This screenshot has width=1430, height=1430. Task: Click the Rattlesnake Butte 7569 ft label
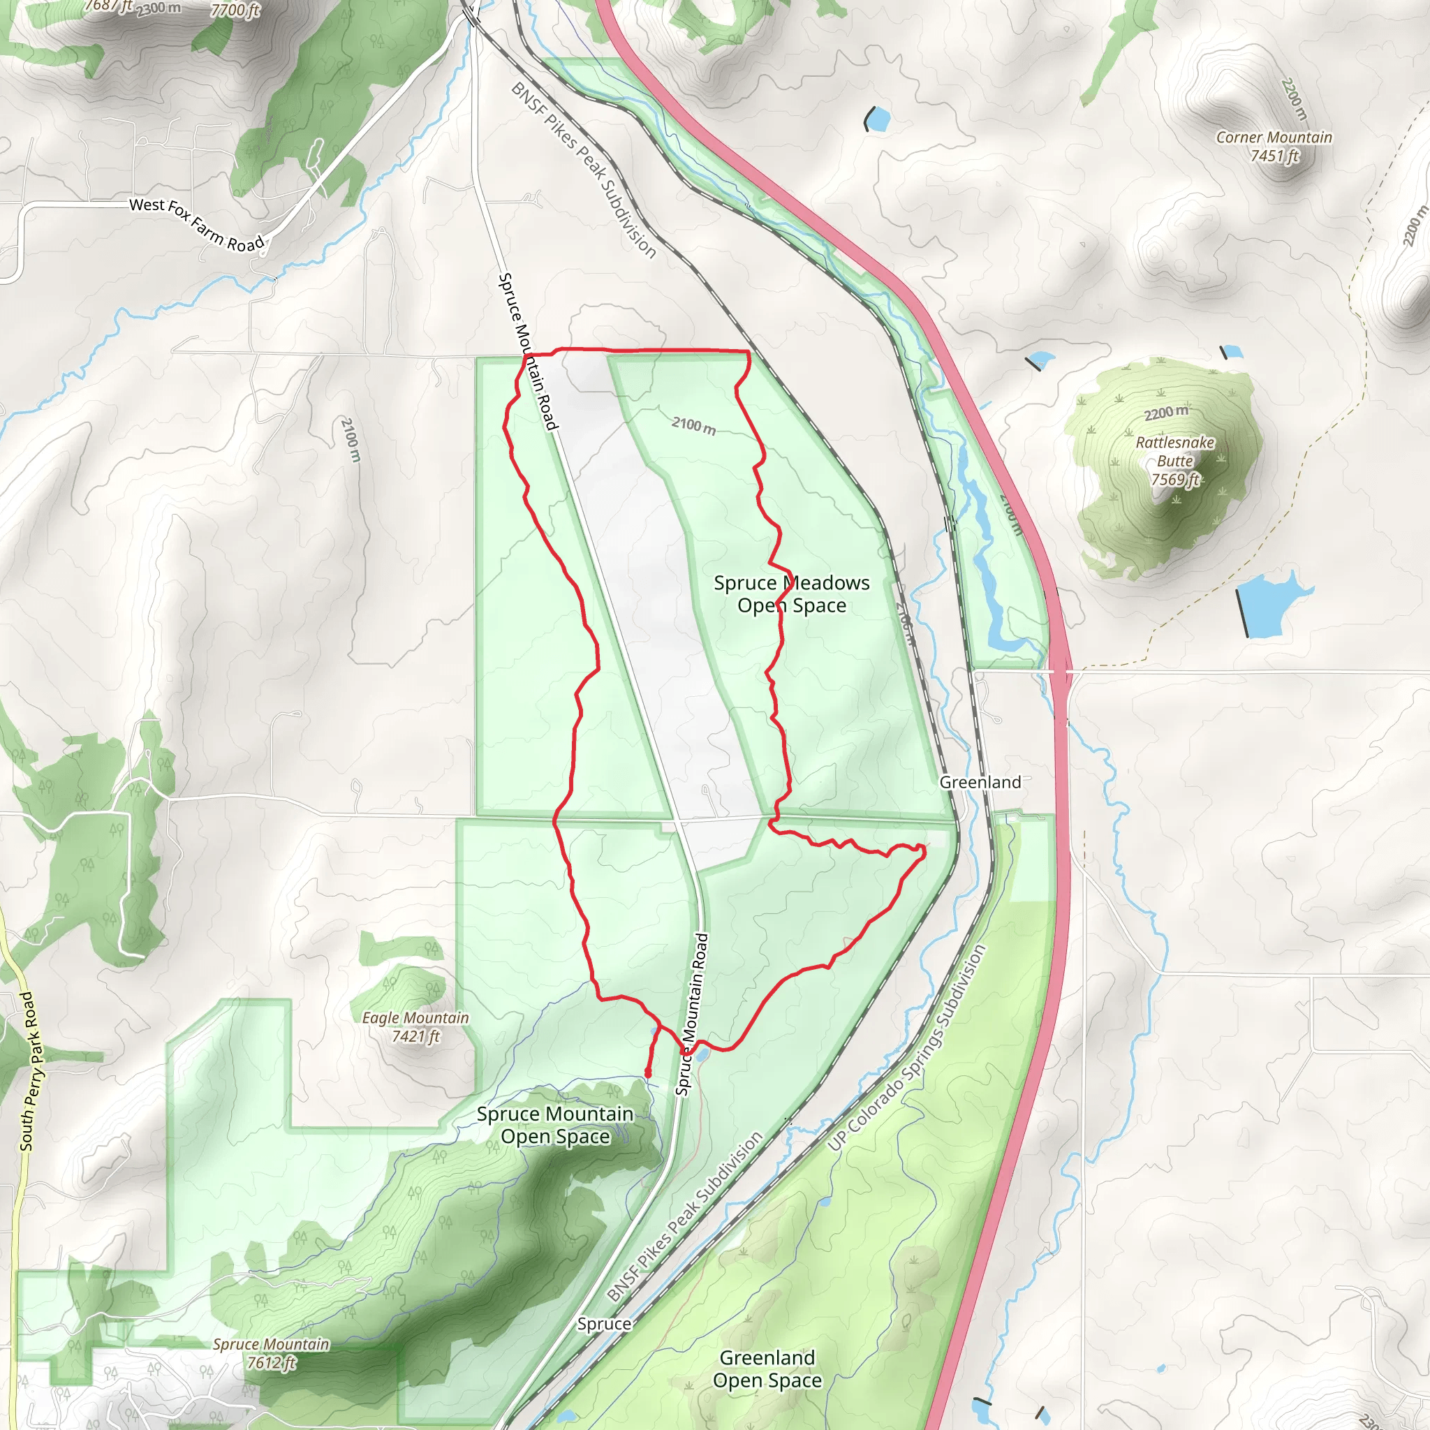coord(1174,460)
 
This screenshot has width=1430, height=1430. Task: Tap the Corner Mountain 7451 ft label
coord(1274,146)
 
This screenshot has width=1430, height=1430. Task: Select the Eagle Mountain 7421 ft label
coord(415,1026)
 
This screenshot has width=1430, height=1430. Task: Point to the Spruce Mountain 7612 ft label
coord(271,1353)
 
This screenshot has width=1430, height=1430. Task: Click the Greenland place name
coord(980,782)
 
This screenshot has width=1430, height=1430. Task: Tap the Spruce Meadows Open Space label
coord(791,594)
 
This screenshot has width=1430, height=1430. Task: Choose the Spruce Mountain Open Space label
coord(555,1124)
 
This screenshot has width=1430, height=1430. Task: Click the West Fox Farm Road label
coord(196,224)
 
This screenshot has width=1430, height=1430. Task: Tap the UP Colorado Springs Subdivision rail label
coord(907,1047)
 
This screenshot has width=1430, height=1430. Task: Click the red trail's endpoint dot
coord(648,1072)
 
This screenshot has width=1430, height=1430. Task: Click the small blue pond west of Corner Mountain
coord(878,119)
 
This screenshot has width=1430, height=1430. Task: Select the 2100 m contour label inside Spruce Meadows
coord(693,426)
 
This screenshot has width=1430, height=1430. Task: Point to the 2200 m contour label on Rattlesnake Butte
coord(1166,412)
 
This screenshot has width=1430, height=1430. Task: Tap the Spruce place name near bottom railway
coord(604,1323)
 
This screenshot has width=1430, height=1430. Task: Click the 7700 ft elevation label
coord(235,10)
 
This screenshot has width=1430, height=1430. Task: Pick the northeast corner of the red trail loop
coord(749,353)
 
